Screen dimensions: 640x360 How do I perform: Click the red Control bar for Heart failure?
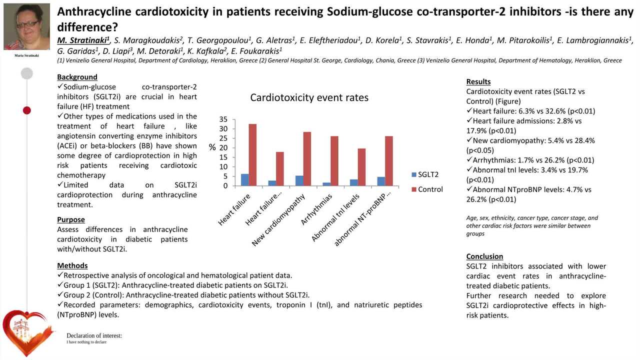tap(252, 155)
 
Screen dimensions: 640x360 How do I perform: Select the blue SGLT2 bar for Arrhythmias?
tap(326, 184)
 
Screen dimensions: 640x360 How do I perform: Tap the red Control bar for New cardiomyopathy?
tap(307, 159)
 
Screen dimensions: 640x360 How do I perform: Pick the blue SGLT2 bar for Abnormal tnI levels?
tap(353, 182)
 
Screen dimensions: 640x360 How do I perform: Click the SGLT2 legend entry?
tap(425, 174)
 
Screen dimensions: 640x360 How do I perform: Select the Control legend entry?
tap(427, 189)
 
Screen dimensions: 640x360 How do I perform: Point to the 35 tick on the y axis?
tap(223, 119)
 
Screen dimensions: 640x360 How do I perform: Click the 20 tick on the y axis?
tap(223, 147)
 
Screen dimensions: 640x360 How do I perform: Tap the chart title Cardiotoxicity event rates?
tap(309, 97)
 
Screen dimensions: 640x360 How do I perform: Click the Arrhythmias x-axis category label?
tap(317, 209)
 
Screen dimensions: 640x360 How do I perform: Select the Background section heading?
tap(77, 77)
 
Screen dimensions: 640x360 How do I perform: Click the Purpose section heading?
tap(71, 219)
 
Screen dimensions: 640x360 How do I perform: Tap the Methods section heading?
tap(72, 265)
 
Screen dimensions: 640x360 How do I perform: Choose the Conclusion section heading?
tap(484, 256)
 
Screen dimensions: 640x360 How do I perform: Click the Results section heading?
tap(478, 81)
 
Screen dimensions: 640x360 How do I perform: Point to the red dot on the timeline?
tap(27, 110)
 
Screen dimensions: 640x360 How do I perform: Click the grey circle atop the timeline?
tap(27, 73)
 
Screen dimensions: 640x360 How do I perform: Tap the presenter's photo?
tap(26, 26)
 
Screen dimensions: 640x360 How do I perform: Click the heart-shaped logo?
tap(27, 333)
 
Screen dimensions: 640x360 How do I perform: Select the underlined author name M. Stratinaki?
tap(83, 40)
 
